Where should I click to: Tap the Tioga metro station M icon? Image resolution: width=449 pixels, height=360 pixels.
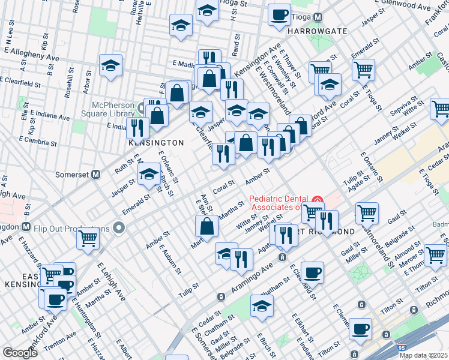(x=318, y=17)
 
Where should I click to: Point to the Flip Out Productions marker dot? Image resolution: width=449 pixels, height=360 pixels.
(x=119, y=228)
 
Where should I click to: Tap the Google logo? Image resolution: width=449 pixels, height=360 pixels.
(x=19, y=353)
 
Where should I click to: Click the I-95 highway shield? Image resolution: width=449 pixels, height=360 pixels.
(x=400, y=347)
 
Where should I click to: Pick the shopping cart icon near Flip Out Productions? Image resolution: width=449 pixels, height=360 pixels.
(x=88, y=238)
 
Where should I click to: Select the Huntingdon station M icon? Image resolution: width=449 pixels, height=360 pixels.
(x=25, y=227)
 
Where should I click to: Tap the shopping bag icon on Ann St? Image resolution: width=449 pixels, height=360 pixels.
(x=206, y=226)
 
